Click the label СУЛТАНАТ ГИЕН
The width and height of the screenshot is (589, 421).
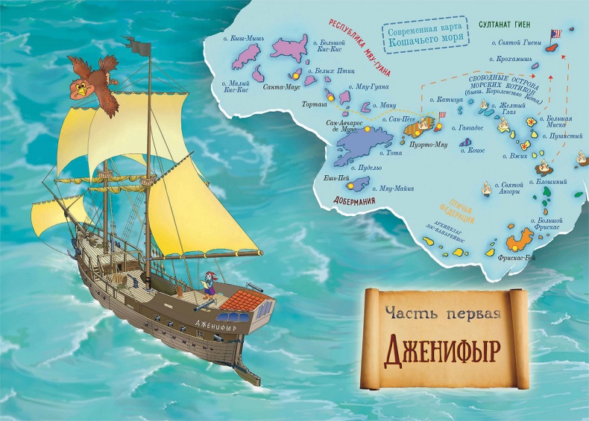505,25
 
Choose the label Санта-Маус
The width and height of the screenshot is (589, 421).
281,86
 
